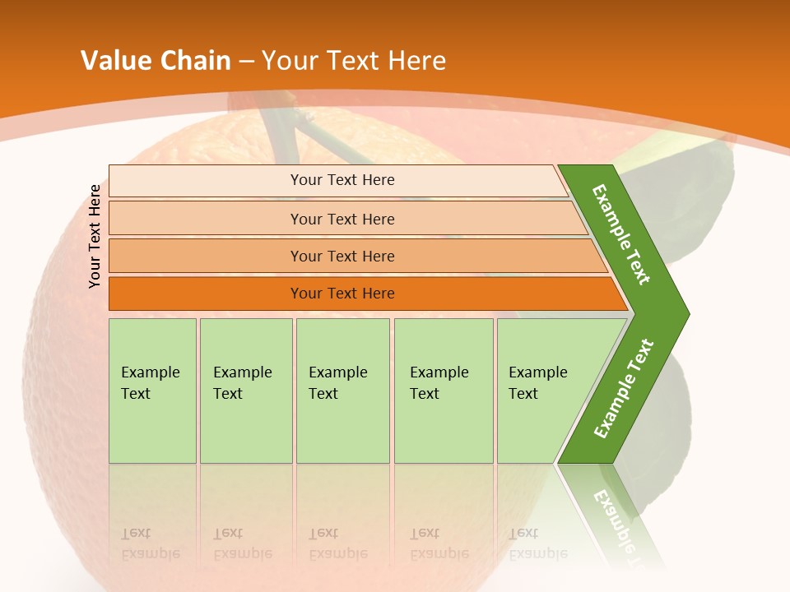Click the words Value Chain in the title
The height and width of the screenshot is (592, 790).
coord(156,61)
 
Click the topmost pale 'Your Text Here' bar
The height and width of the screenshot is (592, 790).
coord(342,180)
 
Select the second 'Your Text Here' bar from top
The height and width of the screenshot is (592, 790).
coord(342,219)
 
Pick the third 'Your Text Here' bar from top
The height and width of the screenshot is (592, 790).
coord(342,256)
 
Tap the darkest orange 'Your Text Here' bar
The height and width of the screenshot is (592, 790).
coord(342,294)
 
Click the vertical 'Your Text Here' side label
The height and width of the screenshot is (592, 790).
coord(95,236)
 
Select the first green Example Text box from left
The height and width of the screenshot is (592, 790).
coord(152,391)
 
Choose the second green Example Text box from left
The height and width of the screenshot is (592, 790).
coord(245,391)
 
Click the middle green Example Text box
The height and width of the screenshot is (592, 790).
coord(342,391)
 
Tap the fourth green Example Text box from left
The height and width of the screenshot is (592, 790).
coord(443,391)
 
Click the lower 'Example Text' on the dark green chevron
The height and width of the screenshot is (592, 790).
coord(624,388)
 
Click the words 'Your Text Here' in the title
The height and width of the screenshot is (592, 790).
coord(354,61)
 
